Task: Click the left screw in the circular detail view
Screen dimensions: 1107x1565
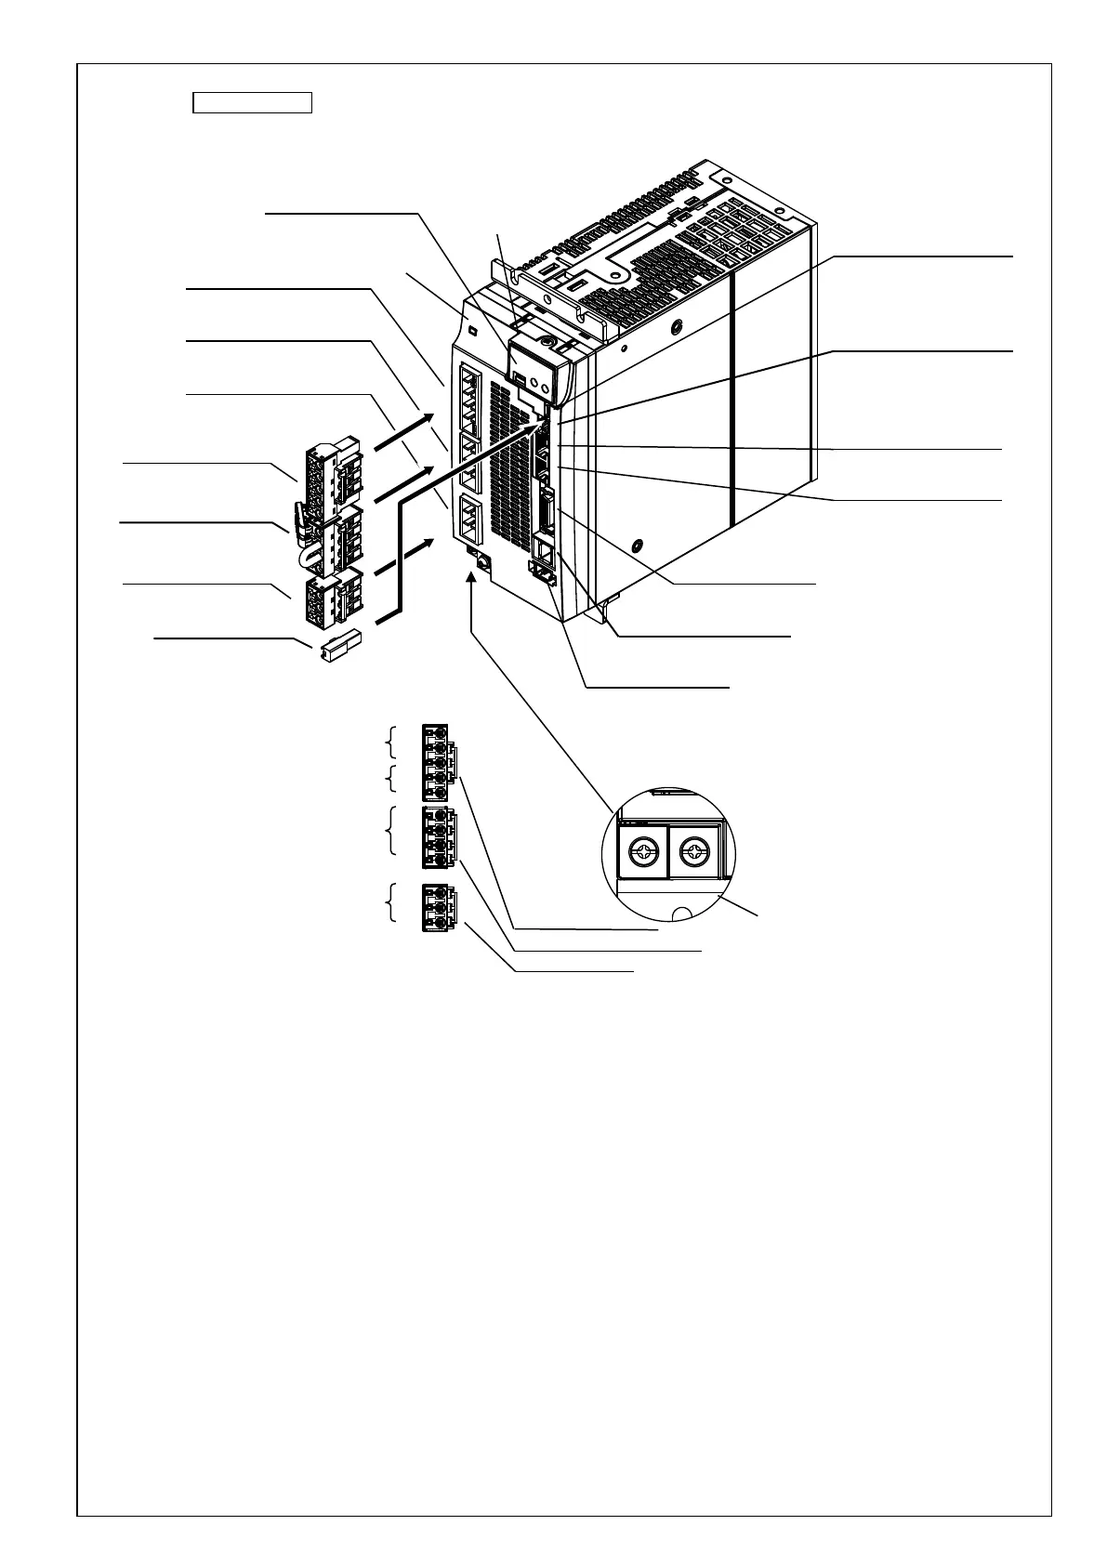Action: pyautogui.click(x=642, y=850)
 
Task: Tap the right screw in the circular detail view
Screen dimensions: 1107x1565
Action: pyautogui.click(x=694, y=850)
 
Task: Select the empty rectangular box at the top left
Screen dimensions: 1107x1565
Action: pyautogui.click(x=251, y=102)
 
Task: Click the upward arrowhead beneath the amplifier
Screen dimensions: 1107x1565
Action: pyautogui.click(x=473, y=578)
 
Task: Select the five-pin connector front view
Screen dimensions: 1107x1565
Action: pyautogui.click(x=437, y=762)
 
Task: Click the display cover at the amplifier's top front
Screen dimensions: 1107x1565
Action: pyautogui.click(x=537, y=367)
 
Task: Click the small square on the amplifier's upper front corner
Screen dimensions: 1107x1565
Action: pyautogui.click(x=473, y=332)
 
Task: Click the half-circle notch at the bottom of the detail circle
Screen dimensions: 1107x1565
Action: pyautogui.click(x=684, y=913)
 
